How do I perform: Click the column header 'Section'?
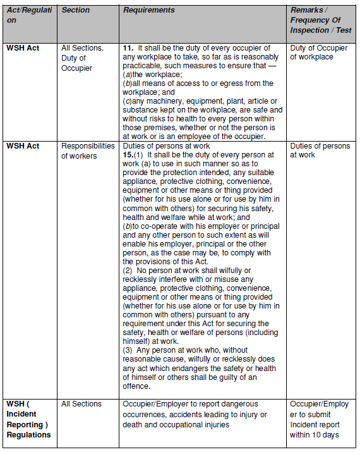pos(76,11)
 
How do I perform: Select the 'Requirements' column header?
pos(148,11)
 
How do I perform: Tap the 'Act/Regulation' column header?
pos(28,15)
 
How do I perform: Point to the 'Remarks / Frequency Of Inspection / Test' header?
pos(320,20)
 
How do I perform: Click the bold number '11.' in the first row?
pos(128,48)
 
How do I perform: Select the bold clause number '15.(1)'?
pos(135,155)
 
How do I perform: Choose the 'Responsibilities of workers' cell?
pos(88,150)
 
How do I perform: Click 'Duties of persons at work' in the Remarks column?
pos(320,150)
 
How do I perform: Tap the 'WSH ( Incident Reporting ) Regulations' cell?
pos(28,418)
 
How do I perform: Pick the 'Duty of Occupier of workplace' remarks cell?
pos(318,52)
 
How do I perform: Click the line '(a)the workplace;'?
pos(153,75)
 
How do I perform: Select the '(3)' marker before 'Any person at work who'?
pos(128,350)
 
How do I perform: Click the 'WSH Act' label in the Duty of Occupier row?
pos(23,48)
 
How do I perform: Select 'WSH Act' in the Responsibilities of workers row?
pos(23,146)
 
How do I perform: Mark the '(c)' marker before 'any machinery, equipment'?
pos(128,101)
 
